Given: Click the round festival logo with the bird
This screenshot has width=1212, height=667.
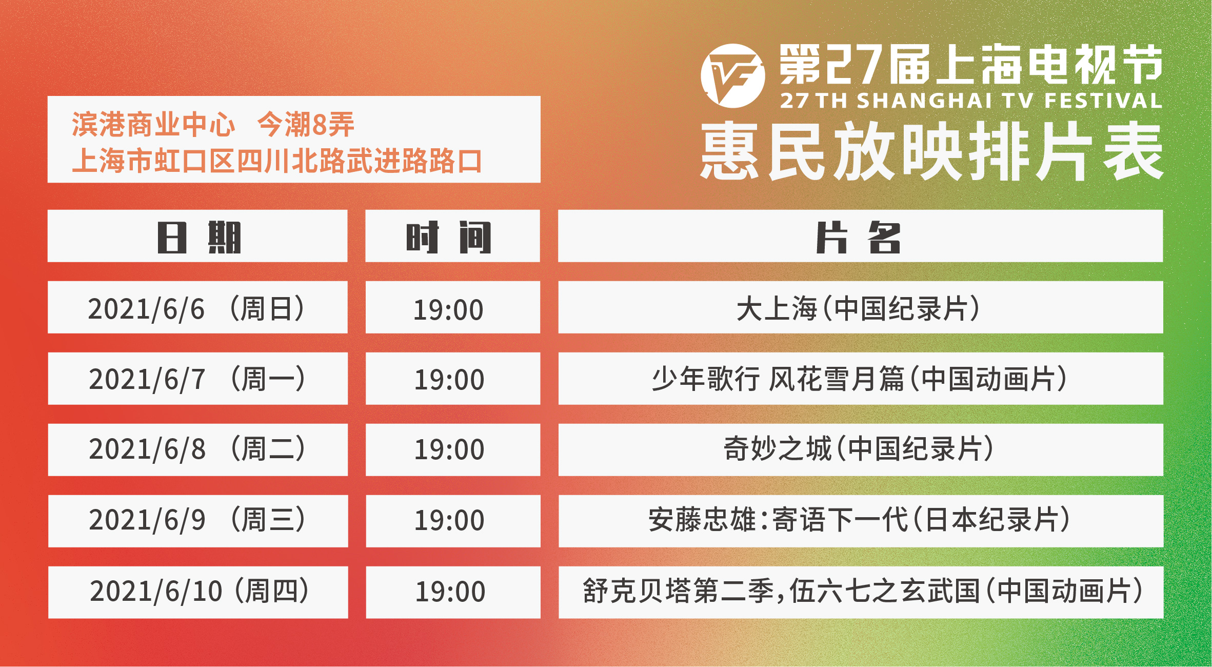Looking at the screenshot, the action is coord(732,76).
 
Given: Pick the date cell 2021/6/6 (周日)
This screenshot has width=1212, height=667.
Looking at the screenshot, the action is coord(197,307).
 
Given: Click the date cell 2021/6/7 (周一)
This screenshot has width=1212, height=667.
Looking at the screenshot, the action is coord(197,379).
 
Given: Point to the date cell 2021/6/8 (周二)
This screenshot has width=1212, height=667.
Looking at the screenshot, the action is coord(197,450).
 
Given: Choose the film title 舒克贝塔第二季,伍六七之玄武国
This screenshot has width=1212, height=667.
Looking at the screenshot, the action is coord(781,591).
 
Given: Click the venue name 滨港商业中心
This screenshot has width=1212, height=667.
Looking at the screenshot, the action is coord(153,125).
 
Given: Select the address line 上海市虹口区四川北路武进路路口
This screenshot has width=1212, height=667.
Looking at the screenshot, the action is coord(277,161).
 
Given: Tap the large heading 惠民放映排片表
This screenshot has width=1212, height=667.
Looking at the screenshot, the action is coord(931,151).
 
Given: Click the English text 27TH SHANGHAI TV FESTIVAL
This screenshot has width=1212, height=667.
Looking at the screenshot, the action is coord(971,101).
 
